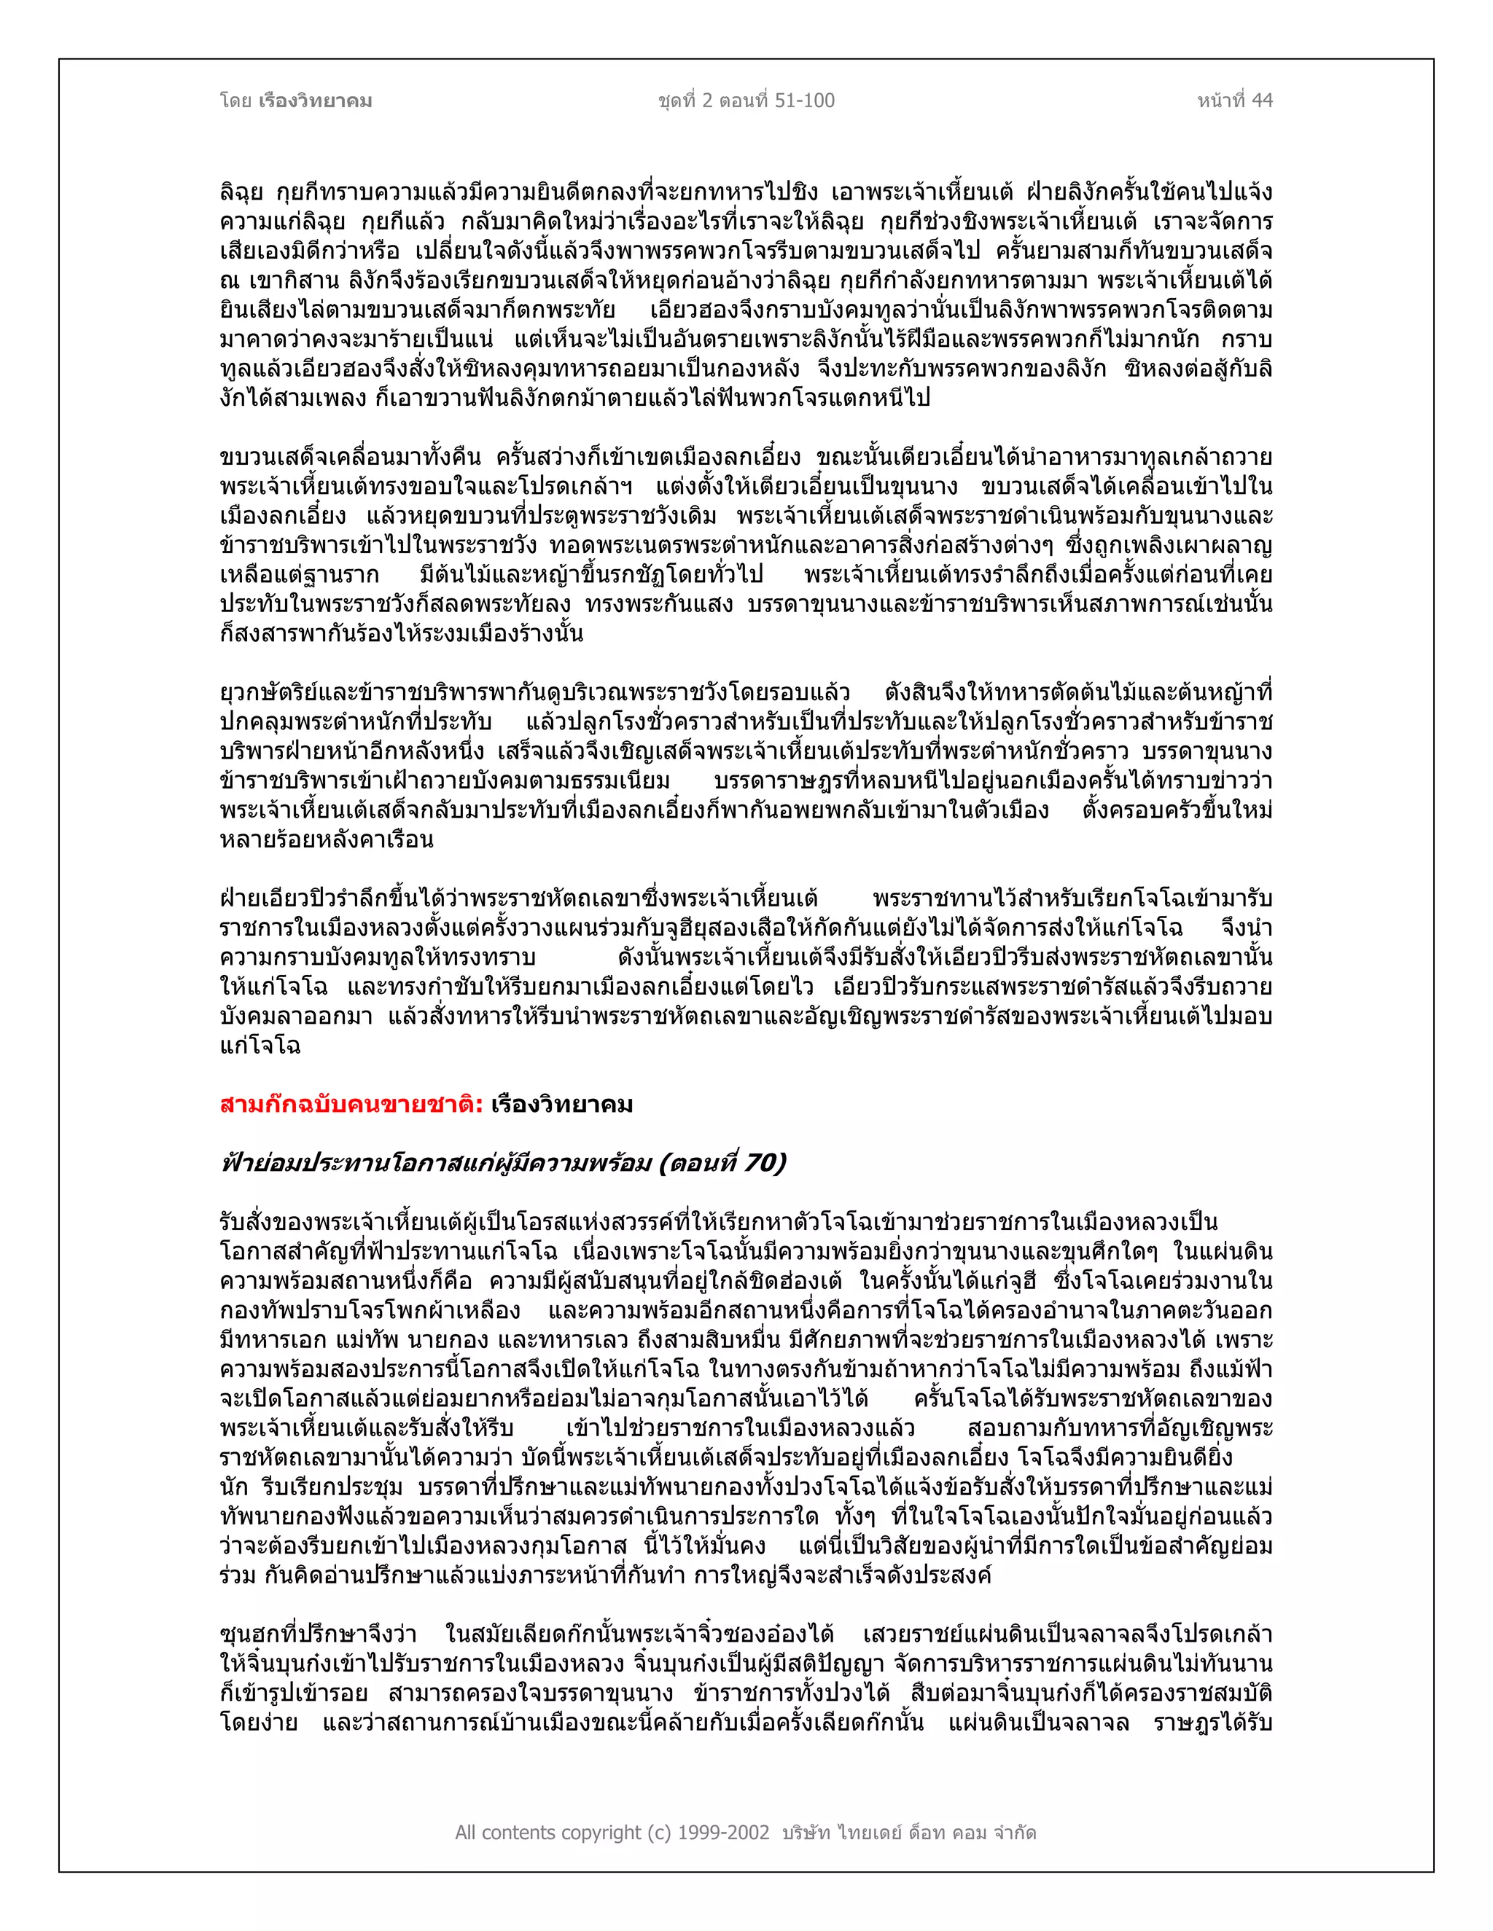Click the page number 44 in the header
click(1262, 101)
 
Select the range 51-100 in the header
click(804, 101)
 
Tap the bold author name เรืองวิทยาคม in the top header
click(316, 101)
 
